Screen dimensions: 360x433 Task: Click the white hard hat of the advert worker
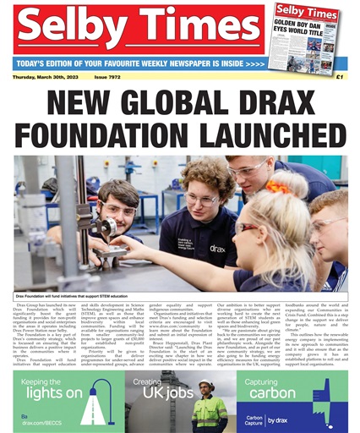[x=206, y=385]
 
